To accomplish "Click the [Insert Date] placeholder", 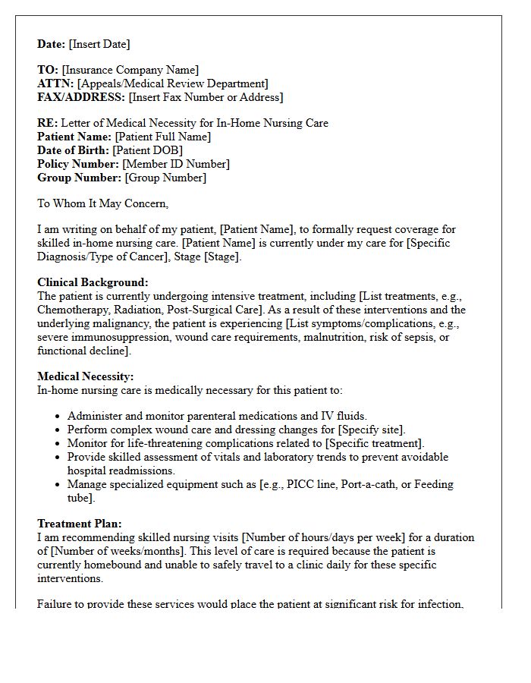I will point(99,44).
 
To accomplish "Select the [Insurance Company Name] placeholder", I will point(130,70).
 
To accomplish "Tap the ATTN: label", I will point(55,83).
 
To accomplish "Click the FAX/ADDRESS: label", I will point(81,97).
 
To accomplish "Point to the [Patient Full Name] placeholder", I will point(162,137).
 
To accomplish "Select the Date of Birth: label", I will point(74,150).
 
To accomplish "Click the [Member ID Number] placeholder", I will point(176,164).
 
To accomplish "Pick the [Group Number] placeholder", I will point(165,178).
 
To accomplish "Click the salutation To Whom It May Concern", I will point(102,203).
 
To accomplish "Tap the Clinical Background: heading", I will point(93,282).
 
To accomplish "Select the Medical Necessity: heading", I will point(85,376).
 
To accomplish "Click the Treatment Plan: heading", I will point(80,524).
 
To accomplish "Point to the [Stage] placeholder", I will point(221,257).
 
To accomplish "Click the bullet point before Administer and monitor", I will point(58,417).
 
